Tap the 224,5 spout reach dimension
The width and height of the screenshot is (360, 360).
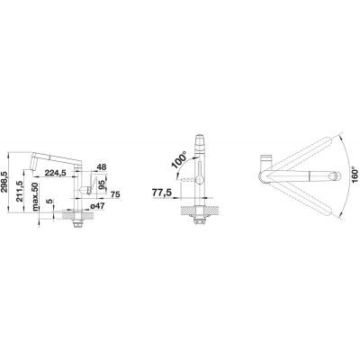pyautogui.click(x=56, y=173)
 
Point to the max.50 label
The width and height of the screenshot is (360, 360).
pyautogui.click(x=35, y=196)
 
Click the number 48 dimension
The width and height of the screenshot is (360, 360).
pyautogui.click(x=102, y=167)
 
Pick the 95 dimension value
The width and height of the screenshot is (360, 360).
pyautogui.click(x=102, y=184)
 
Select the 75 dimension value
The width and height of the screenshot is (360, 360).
pyautogui.click(x=115, y=194)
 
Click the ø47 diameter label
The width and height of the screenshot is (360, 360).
pyautogui.click(x=96, y=206)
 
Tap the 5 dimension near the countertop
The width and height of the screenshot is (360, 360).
pyautogui.click(x=49, y=201)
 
